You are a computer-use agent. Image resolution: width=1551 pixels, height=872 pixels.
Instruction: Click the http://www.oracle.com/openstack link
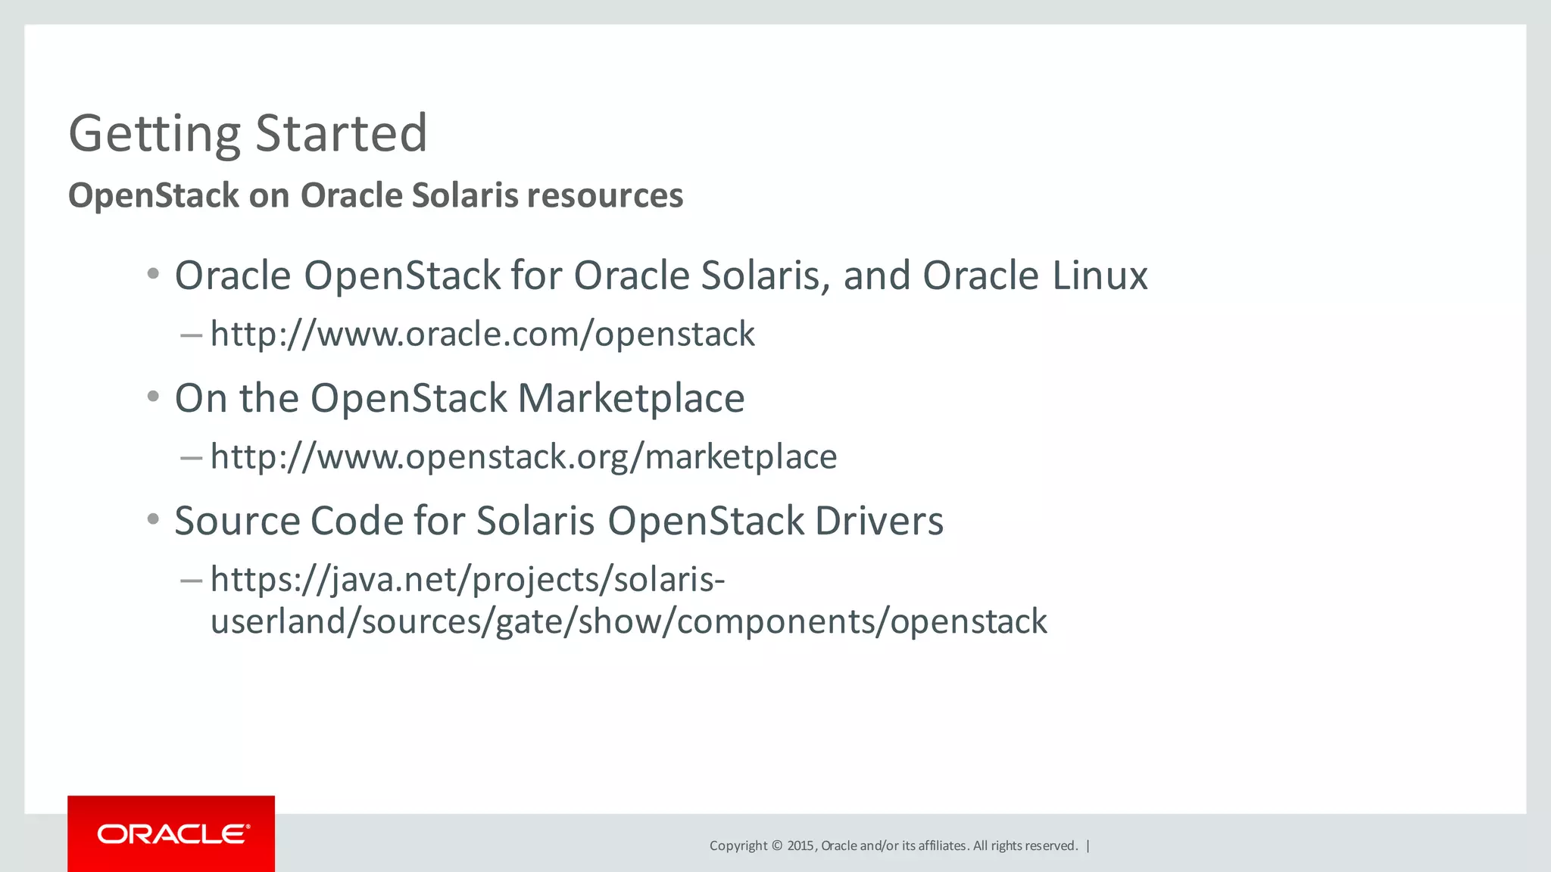[x=482, y=334]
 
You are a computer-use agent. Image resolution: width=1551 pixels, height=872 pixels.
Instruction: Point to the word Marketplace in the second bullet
[x=631, y=398]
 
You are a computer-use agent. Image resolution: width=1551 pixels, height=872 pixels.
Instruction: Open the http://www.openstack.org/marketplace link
[x=523, y=456]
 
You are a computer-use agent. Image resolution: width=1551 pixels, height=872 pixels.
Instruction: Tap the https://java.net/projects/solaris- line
[x=467, y=579]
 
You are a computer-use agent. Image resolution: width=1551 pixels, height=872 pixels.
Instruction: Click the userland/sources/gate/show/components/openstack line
[x=629, y=621]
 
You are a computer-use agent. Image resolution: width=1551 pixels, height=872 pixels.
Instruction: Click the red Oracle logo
[x=171, y=833]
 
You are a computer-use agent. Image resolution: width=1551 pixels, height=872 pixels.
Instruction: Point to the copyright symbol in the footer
[x=776, y=846]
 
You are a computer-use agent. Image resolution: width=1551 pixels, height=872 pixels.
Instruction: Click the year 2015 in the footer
[x=800, y=846]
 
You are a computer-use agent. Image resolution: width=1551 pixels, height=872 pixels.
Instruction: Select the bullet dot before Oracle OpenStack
[x=154, y=274]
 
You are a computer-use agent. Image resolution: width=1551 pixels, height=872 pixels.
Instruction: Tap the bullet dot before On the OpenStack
[x=154, y=397]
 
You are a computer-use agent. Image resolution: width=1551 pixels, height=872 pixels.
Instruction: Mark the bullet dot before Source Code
[x=154, y=519]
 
